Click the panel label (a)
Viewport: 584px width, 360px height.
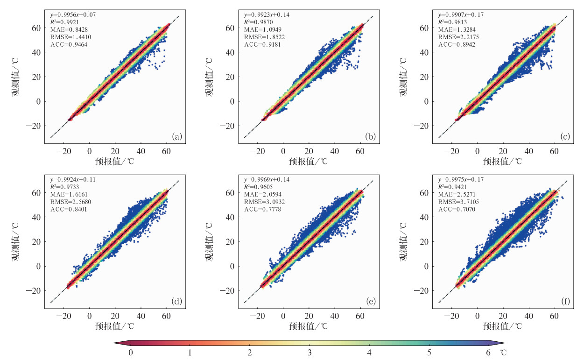pos(177,137)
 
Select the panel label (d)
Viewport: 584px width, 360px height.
pos(177,302)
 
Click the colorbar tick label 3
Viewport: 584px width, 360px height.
pos(310,353)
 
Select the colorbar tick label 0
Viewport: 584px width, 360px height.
pos(131,353)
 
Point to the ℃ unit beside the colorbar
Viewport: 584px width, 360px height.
pos(504,353)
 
